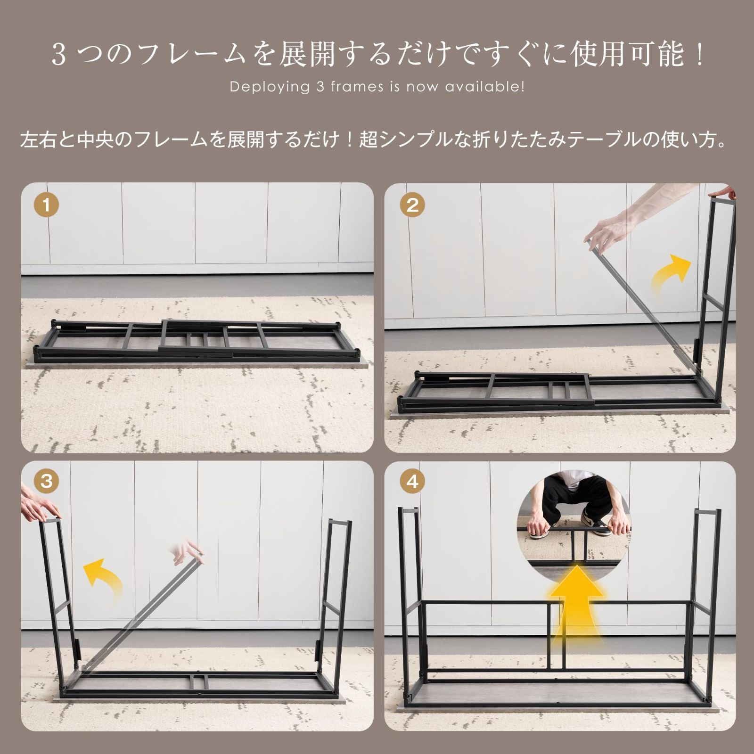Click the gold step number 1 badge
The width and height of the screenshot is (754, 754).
[46, 205]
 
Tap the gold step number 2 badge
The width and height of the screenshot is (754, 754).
[412, 205]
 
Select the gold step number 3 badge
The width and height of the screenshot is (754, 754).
[46, 481]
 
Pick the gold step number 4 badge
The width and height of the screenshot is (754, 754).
[412, 481]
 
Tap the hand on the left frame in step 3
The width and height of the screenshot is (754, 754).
[40, 507]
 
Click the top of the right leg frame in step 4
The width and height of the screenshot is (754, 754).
[707, 512]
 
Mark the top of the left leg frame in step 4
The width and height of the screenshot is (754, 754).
[408, 510]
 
